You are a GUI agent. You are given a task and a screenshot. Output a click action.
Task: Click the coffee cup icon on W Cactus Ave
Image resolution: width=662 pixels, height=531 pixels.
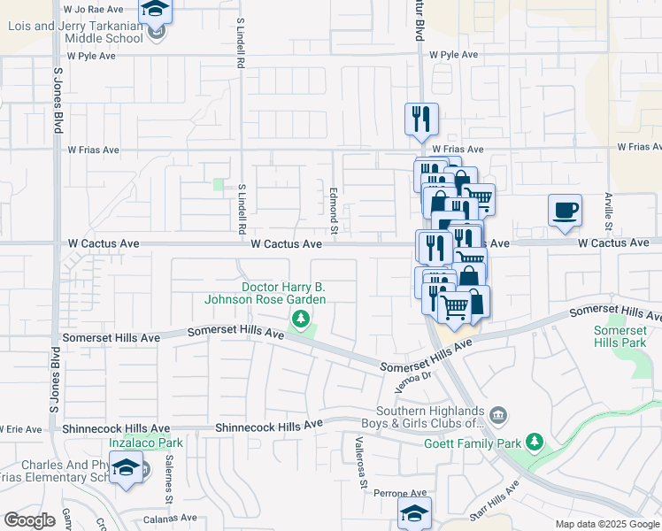pos(565,211)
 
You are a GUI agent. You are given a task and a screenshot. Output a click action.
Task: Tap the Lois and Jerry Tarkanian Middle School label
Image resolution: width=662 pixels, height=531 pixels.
pos(75,32)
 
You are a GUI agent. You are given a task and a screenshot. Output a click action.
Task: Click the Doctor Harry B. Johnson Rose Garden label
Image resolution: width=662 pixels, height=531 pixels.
pos(265,294)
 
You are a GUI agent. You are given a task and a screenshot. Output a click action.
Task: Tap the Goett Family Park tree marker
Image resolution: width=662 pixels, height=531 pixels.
pos(534,441)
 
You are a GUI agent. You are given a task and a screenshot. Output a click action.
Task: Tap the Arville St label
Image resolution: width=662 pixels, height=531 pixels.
pos(609,212)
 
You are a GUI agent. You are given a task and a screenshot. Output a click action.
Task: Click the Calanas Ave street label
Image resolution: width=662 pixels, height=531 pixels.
pos(171,519)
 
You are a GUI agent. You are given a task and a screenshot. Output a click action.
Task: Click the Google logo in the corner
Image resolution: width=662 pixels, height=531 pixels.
pos(29,520)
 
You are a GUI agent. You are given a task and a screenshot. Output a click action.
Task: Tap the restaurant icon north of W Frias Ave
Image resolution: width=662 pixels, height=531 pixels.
pos(420,119)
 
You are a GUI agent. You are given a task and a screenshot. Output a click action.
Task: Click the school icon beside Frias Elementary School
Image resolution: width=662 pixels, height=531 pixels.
pos(127,470)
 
